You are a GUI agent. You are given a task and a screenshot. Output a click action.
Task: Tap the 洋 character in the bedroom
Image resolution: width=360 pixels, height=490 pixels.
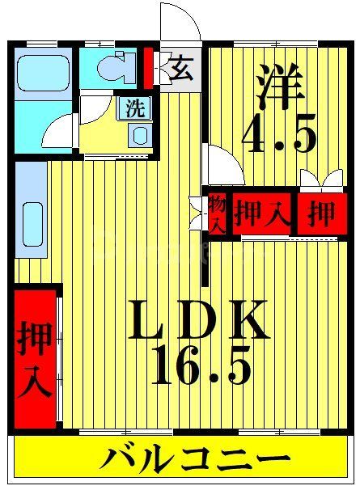(280, 87)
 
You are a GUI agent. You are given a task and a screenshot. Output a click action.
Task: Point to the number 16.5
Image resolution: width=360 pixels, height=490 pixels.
(199, 368)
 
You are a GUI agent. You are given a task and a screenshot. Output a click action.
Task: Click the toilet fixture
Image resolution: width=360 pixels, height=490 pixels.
(119, 68)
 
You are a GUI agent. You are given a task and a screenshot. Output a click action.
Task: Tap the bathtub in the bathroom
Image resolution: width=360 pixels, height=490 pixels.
(44, 74)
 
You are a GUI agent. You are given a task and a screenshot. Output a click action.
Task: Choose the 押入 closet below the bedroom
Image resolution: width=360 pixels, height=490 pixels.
(260, 213)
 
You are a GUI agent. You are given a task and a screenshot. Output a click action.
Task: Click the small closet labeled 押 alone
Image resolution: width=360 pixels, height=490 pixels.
(321, 213)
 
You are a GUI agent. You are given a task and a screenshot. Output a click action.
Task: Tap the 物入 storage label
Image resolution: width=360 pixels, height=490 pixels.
(216, 213)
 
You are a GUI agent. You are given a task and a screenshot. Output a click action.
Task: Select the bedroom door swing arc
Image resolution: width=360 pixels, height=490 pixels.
(223, 167)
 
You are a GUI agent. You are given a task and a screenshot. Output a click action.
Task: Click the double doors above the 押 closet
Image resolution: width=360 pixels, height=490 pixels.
(320, 180)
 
